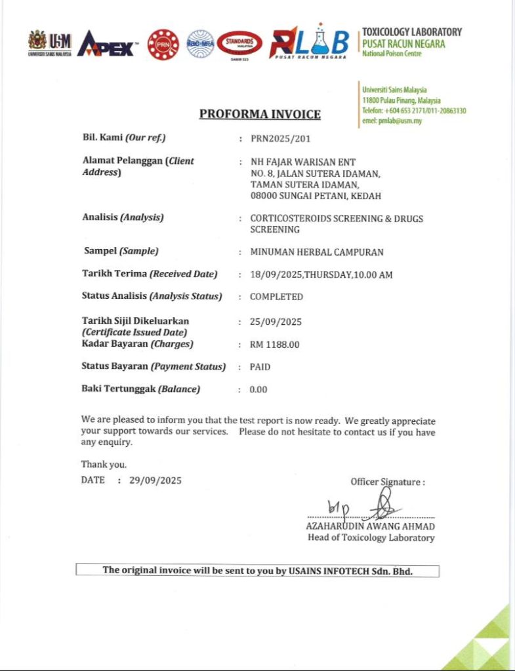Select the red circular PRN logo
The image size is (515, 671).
[x=163, y=45]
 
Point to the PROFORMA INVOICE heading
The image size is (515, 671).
[x=260, y=114]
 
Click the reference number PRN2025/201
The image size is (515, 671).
[x=280, y=138]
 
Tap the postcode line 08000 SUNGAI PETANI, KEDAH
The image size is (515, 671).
[x=316, y=195]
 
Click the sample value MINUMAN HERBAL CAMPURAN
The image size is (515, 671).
[x=317, y=252]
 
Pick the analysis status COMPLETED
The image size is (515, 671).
[x=276, y=297]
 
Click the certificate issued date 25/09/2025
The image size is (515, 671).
[x=276, y=322]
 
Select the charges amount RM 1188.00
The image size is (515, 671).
[x=274, y=344]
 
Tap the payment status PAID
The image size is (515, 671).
[x=260, y=367]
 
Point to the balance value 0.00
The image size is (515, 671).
[x=258, y=389]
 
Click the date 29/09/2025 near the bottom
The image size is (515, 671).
[x=155, y=480]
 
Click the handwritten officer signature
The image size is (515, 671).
[x=381, y=506]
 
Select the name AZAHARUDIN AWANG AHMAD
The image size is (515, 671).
[x=370, y=526]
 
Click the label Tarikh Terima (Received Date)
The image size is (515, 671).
[x=150, y=274]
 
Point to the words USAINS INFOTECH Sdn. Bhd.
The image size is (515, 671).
[x=351, y=571]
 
